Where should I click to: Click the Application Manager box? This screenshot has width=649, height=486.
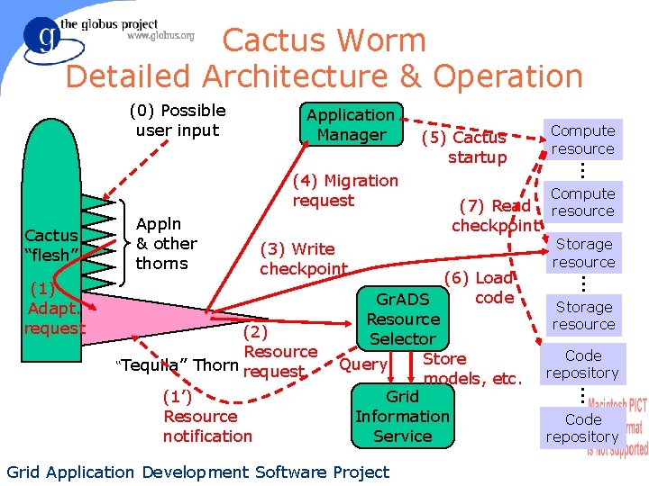tap(351, 125)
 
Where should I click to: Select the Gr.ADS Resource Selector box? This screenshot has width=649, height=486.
tap(403, 319)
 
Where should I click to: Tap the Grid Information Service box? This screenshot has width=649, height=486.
tap(402, 416)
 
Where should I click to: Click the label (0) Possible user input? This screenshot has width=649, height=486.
tap(178, 121)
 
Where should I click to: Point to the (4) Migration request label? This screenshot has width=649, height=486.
tap(345, 190)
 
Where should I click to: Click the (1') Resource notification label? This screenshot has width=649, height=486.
tap(207, 417)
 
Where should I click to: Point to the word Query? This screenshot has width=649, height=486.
tap(363, 364)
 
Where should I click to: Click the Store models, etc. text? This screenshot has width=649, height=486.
tap(471, 369)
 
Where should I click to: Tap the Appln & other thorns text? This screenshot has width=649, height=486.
tap(166, 243)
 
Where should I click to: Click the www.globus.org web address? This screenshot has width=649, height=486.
tap(160, 36)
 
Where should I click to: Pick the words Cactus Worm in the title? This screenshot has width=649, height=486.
tap(324, 40)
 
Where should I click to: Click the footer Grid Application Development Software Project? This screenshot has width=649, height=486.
tap(197, 472)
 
